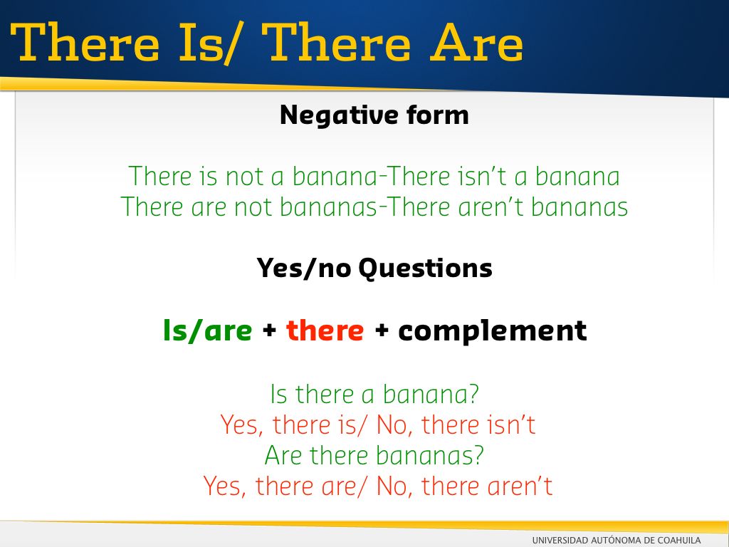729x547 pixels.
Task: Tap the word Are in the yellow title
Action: pyautogui.click(x=476, y=43)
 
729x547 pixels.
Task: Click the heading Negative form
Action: pyautogui.click(x=374, y=115)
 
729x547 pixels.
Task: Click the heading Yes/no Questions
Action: pyautogui.click(x=374, y=268)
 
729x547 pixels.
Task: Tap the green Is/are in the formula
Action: pyautogui.click(x=207, y=330)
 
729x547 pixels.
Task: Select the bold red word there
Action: pyautogui.click(x=325, y=330)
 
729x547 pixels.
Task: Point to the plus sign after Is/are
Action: pyautogui.click(x=269, y=330)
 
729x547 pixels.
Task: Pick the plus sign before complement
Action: pyautogui.click(x=382, y=330)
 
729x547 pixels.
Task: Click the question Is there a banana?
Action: pyautogui.click(x=374, y=394)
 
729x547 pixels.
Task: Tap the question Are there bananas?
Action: pyautogui.click(x=374, y=455)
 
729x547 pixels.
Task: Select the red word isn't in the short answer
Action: pyautogui.click(x=510, y=424)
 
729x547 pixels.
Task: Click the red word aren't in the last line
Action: pyautogui.click(x=520, y=486)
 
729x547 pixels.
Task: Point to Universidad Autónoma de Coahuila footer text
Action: pyautogui.click(x=617, y=541)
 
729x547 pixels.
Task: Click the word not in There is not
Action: pyautogui.click(x=245, y=177)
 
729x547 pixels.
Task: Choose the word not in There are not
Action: pyautogui.click(x=253, y=208)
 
